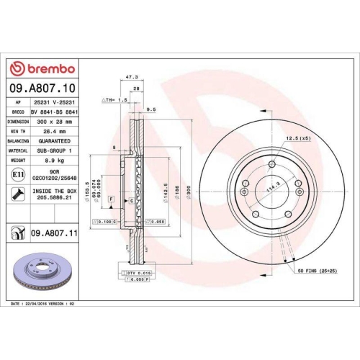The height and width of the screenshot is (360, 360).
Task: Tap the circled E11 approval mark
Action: pyautogui.click(x=17, y=174)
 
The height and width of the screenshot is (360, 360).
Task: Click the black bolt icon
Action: pyautogui.click(x=17, y=193)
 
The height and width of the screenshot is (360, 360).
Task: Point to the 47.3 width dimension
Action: pyautogui.click(x=132, y=76)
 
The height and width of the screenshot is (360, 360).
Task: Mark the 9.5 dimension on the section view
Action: pyautogui.click(x=151, y=109)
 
